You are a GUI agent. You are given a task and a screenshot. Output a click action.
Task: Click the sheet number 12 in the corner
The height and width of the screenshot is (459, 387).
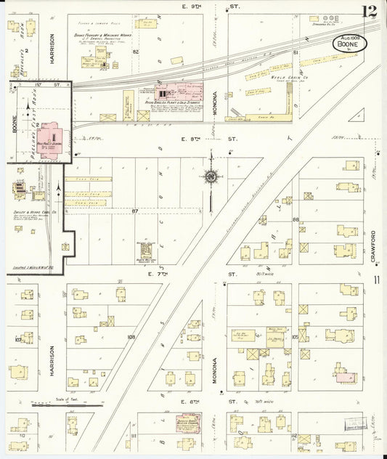point(372,11)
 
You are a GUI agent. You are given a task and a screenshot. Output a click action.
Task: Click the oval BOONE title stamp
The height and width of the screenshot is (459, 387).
point(349,44)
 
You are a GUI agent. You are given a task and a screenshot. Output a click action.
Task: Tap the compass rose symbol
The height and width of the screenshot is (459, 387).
point(211,175)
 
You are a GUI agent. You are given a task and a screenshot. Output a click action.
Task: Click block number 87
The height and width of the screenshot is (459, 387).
point(134,211)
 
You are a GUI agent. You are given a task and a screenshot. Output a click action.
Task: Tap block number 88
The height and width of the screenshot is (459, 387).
point(296,219)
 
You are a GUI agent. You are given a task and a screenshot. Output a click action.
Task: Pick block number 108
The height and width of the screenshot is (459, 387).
point(131,337)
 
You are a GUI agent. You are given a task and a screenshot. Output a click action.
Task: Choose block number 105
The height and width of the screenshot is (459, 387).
point(295,337)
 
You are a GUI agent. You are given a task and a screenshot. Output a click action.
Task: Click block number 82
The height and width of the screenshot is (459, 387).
point(135,52)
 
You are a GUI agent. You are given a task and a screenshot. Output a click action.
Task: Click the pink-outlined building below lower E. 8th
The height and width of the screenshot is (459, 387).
point(192,426)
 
